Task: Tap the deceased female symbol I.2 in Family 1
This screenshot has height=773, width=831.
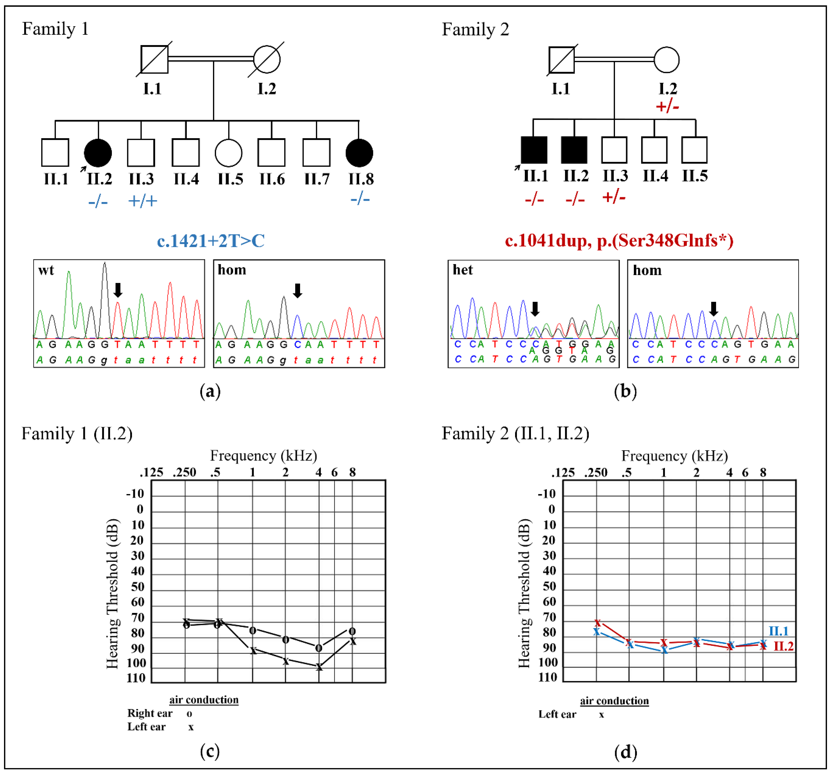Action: (267, 59)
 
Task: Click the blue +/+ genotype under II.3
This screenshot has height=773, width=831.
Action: (142, 201)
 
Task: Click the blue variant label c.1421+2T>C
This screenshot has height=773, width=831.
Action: (211, 241)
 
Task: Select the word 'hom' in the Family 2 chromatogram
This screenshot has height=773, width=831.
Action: (647, 270)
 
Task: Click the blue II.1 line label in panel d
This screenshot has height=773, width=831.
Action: (778, 631)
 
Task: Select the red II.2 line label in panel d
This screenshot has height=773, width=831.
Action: (783, 646)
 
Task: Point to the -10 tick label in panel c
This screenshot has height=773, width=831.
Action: (135, 494)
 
